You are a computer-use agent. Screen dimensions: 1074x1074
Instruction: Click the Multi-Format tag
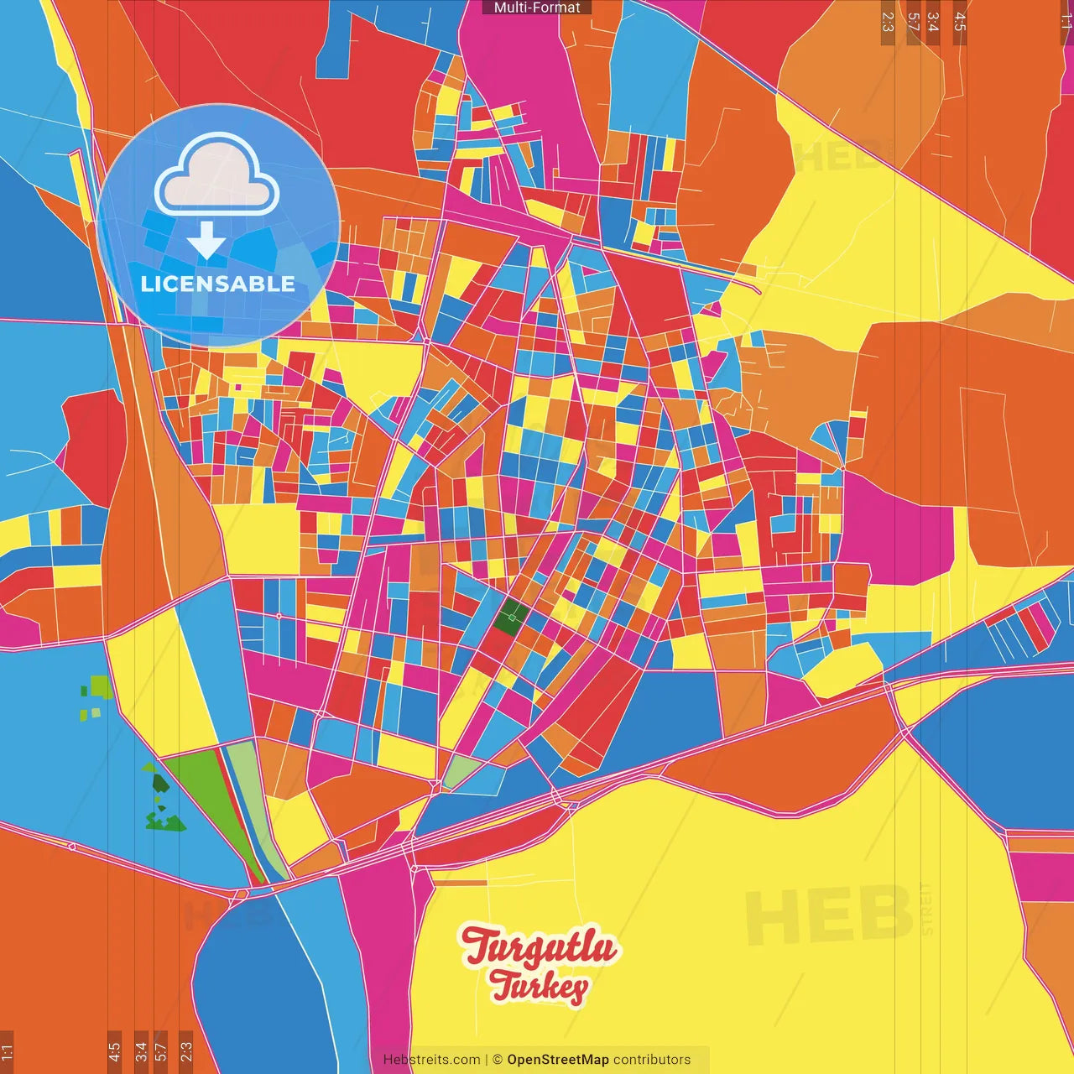pos(537,8)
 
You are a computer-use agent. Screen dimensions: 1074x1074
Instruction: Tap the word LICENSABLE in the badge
pos(217,284)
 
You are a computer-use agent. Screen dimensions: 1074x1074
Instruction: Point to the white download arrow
pos(206,240)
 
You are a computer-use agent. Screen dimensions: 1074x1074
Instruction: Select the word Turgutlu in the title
pos(539,946)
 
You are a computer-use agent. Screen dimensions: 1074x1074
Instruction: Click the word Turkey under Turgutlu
pos(539,987)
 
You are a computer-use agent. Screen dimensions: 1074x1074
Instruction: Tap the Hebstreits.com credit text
pos(431,1060)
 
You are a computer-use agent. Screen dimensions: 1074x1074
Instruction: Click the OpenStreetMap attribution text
pos(557,1060)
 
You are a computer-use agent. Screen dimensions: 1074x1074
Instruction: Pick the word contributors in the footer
pos(652,1060)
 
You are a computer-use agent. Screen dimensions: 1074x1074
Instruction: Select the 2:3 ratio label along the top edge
pos(888,22)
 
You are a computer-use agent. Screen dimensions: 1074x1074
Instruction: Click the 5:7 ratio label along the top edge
pos(913,22)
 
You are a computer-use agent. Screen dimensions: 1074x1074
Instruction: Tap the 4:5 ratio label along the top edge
pos(960,22)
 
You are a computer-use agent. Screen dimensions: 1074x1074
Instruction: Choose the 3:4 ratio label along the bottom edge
pos(141,1051)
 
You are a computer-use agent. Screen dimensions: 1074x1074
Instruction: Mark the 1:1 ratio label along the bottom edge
pos(7,1051)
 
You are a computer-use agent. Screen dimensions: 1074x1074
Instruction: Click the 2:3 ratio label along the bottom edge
pos(186,1051)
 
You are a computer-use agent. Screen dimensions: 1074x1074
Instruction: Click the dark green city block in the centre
pos(508,619)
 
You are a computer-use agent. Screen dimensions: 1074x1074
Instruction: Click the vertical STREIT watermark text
pos(926,908)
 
